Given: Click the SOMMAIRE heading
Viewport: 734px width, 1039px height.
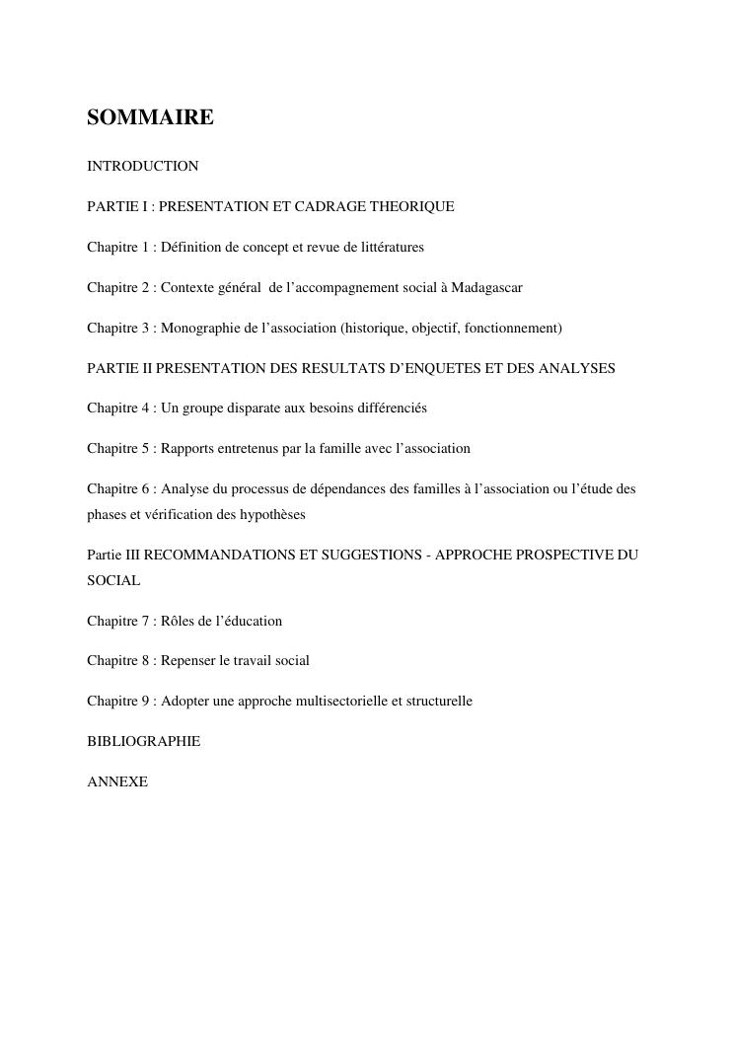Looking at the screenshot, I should [150, 118].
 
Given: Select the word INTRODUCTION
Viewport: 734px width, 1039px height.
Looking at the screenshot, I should [143, 166].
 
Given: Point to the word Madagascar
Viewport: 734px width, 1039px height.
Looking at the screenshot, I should [486, 287].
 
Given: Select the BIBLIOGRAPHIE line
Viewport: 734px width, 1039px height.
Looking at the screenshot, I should [143, 740].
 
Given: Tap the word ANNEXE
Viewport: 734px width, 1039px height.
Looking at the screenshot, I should [117, 780].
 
